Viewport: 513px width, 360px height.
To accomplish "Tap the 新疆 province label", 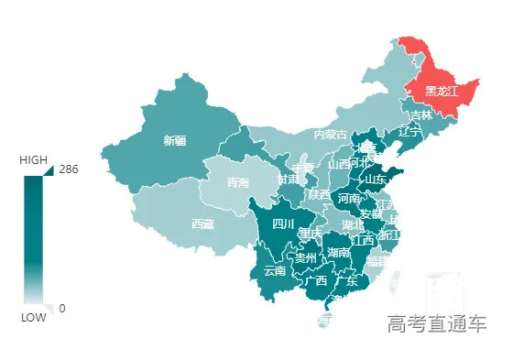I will point(174,141).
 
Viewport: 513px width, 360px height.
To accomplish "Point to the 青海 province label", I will point(238,183).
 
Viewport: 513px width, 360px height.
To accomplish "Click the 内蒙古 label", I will point(331,135).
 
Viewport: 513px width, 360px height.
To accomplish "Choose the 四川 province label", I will point(284,224).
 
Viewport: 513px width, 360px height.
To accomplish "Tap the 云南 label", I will point(275,270).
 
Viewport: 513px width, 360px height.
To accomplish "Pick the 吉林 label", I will point(420,116).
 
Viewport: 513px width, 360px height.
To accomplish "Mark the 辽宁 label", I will point(410,132).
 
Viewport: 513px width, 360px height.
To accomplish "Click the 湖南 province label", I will point(339,253).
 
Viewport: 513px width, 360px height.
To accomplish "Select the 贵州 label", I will point(306,258).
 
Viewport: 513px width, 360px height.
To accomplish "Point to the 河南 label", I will point(349,198).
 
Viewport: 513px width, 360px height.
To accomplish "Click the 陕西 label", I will point(320,195).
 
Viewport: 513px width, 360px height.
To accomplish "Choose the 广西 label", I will point(316,280).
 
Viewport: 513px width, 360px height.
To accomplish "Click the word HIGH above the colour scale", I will point(33,160).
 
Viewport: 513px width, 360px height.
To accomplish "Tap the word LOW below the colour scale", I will point(34,318).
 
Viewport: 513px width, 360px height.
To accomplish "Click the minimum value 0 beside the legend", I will point(62,308).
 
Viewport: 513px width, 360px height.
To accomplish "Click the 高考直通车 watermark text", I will point(437,323).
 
